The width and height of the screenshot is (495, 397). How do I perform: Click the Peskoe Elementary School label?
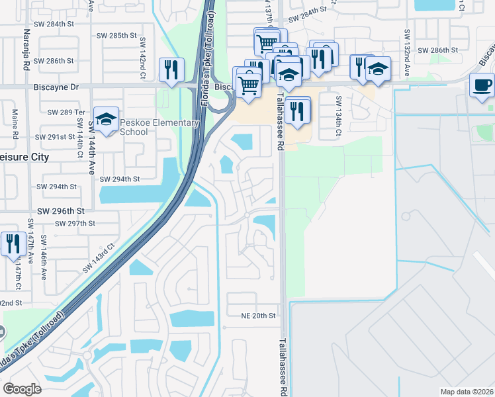[x=159, y=127]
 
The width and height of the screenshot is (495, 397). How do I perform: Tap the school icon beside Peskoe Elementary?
[x=106, y=119]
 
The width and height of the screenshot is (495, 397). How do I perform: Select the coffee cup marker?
[x=481, y=85]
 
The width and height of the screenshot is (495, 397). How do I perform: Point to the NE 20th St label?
[x=258, y=316]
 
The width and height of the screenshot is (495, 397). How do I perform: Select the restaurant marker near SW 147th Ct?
[x=13, y=243]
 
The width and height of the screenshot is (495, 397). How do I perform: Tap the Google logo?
[x=22, y=388]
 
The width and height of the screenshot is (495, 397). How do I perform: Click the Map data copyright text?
[x=467, y=392]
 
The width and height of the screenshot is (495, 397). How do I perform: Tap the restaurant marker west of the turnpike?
[x=171, y=69]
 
